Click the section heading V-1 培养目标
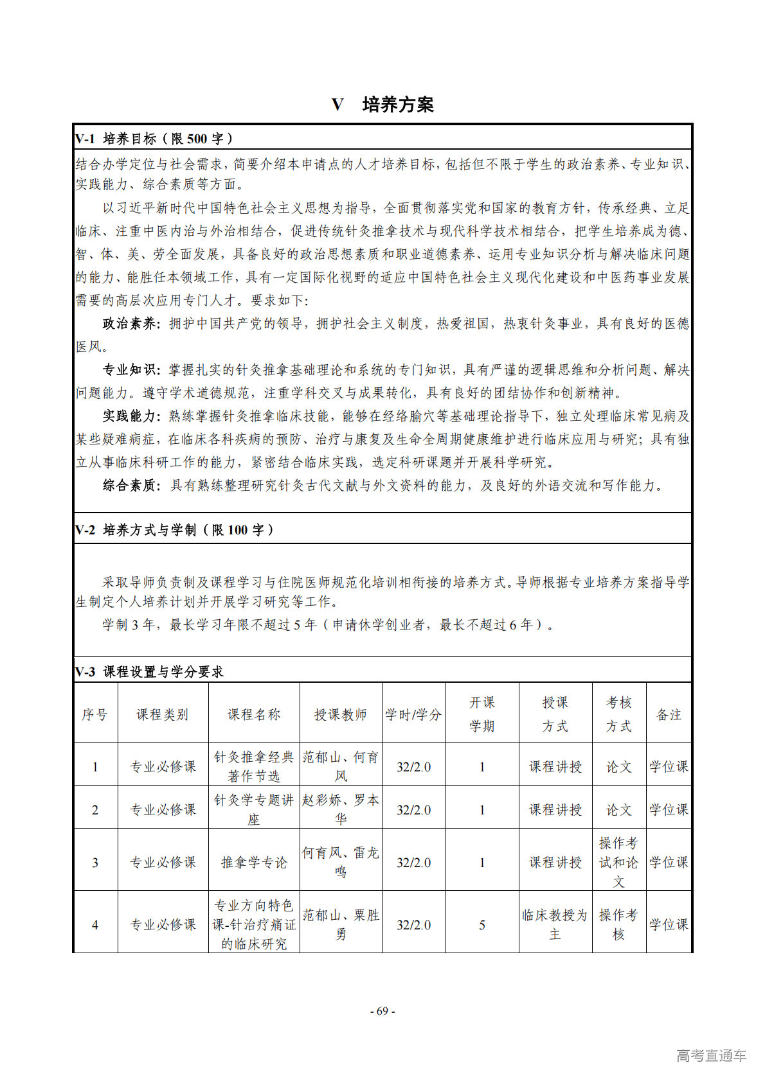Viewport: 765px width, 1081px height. click(154, 139)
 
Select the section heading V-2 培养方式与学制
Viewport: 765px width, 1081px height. click(174, 530)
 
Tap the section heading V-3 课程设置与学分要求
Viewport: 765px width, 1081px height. click(150, 672)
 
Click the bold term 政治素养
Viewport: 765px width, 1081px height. click(130, 324)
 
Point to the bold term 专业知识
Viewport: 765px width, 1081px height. click(130, 370)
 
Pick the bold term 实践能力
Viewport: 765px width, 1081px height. click(130, 416)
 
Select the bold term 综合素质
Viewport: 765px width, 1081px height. click(130, 486)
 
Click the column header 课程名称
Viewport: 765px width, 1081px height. click(254, 714)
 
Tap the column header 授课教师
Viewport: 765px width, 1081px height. click(340, 714)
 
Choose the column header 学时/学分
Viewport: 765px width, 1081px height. click(413, 714)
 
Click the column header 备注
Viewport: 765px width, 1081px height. click(669, 714)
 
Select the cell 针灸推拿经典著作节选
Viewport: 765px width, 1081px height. click(254, 767)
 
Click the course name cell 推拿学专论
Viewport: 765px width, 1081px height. click(254, 862)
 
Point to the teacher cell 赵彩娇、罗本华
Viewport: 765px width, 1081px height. click(340, 809)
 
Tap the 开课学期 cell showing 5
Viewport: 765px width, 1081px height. click(482, 925)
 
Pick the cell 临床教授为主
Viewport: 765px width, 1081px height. click(555, 925)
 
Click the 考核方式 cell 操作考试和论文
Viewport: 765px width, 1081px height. click(618, 862)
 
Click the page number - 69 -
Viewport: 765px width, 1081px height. click(382, 1011)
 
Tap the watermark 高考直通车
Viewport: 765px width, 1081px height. click(711, 1055)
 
